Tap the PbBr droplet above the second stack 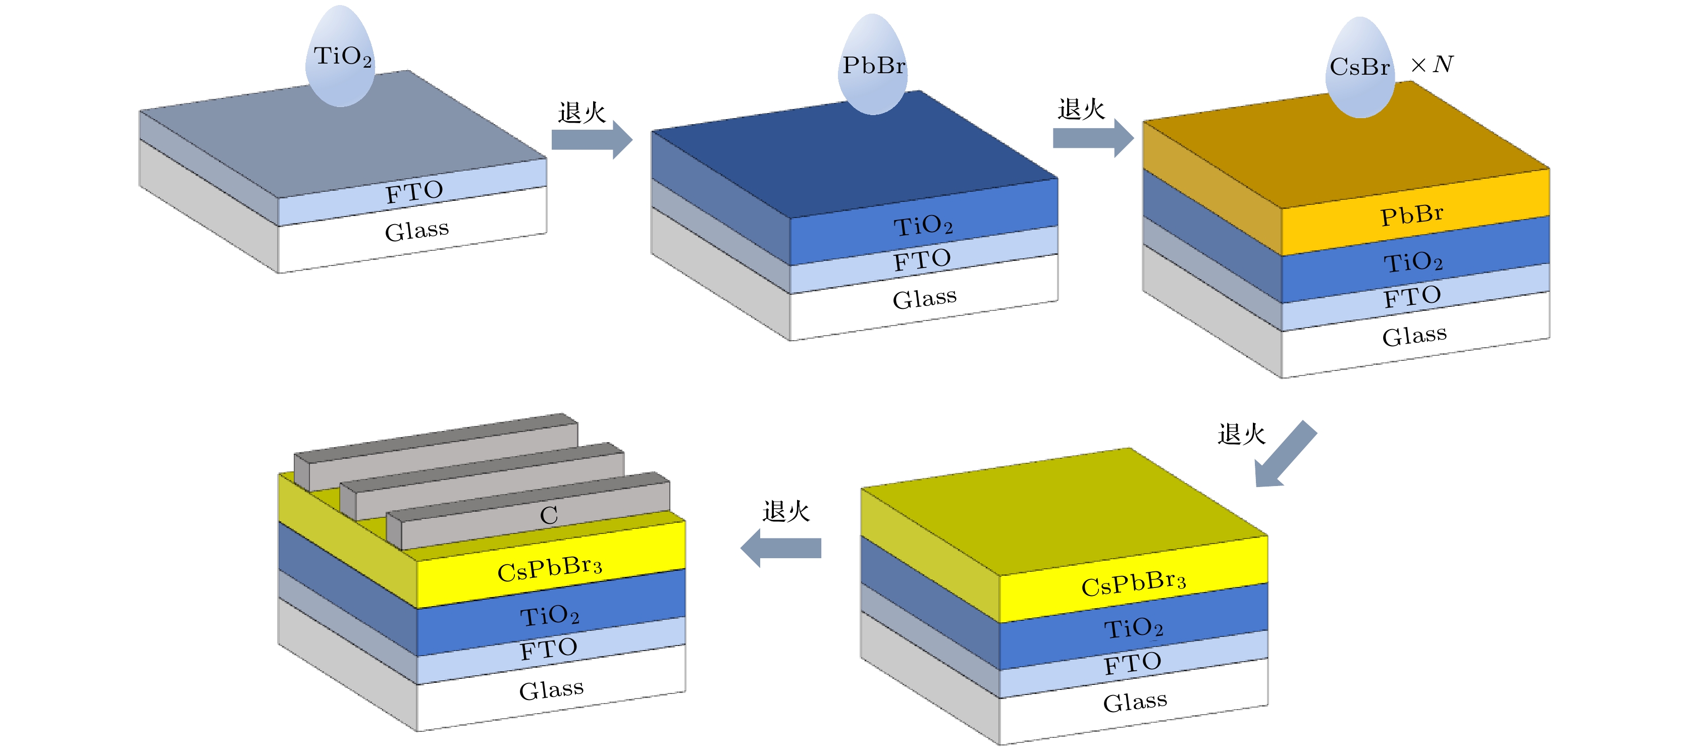[873, 66]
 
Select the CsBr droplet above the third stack [1360, 68]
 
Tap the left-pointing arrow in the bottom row [780, 548]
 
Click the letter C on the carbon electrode [549, 515]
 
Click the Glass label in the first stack [417, 231]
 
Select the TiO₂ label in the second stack [923, 226]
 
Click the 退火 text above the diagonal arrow [1241, 434]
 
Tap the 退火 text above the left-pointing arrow [785, 511]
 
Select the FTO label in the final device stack [548, 649]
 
